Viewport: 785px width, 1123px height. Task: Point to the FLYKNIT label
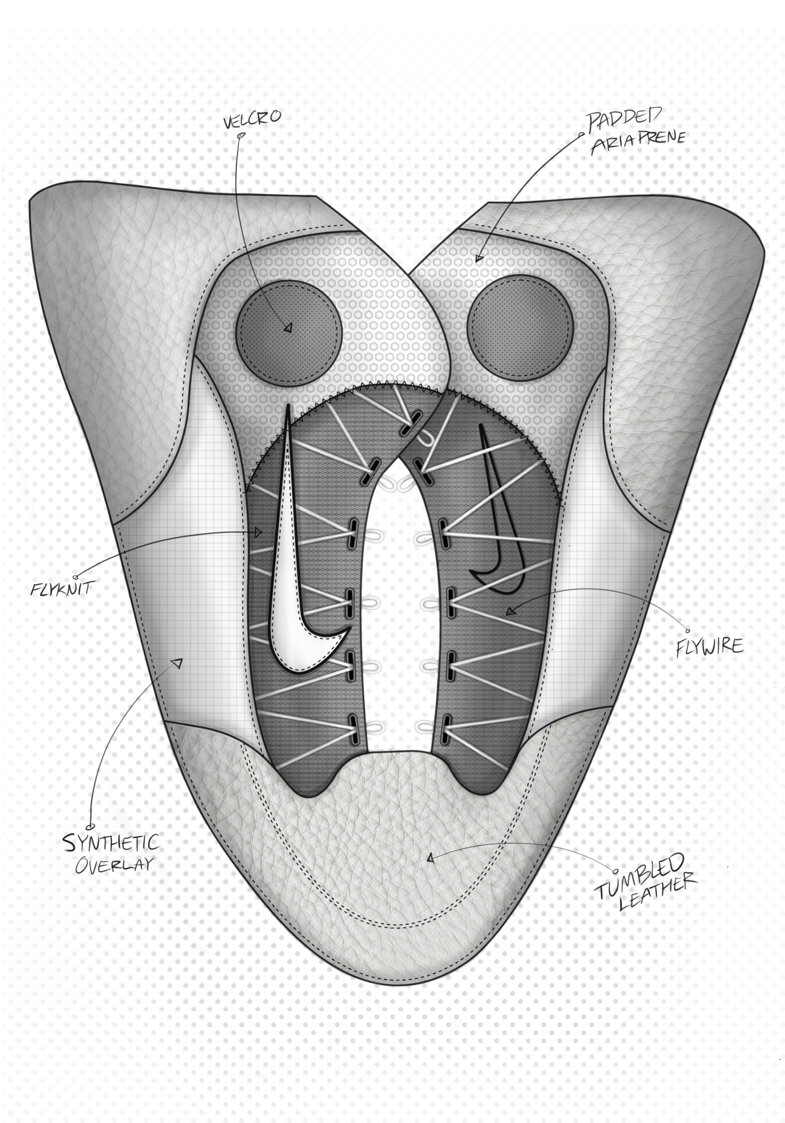click(x=61, y=588)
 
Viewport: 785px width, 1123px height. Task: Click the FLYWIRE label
click(x=709, y=647)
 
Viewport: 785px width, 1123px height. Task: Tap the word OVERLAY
click(x=114, y=865)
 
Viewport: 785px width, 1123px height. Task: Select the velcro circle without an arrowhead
click(x=520, y=327)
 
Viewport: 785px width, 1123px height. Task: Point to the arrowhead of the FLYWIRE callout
click(x=511, y=611)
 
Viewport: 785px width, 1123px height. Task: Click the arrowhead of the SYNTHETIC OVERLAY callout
click(x=177, y=664)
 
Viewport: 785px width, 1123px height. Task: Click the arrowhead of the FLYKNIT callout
click(x=259, y=532)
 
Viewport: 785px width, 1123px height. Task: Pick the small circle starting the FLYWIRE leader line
click(x=688, y=631)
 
